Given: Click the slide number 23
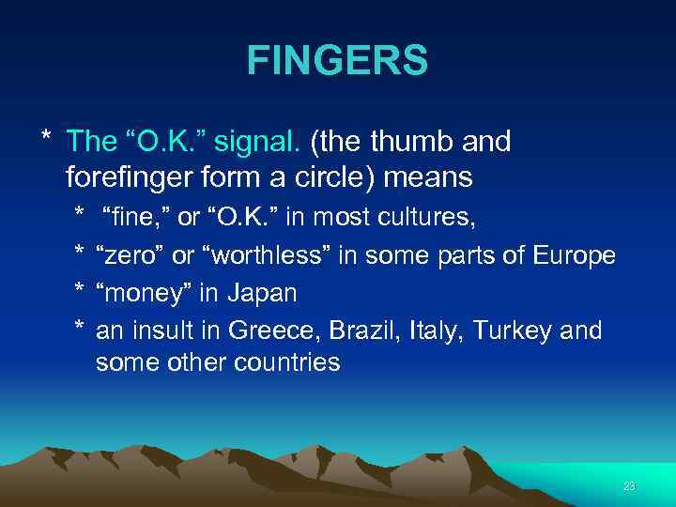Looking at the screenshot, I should pyautogui.click(x=629, y=485).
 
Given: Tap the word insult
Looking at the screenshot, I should pyautogui.click(x=171, y=330).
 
